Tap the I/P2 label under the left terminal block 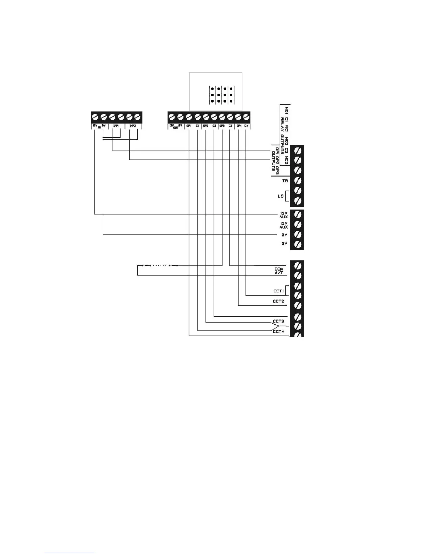[x=133, y=125]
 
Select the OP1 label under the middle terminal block [x=189, y=125]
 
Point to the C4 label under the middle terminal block [x=246, y=125]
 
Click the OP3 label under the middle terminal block [x=222, y=125]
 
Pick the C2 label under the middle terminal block [x=214, y=125]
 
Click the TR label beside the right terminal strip [x=285, y=181]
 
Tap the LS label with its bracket [x=281, y=196]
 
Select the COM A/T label [x=279, y=271]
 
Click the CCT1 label [x=279, y=291]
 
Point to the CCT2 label [x=278, y=301]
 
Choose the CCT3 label [x=278, y=321]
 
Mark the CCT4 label [x=278, y=331]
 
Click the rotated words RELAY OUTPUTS [x=282, y=130]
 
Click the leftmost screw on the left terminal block [x=95, y=117]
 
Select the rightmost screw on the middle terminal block [x=246, y=117]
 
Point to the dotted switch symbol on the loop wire [x=160, y=265]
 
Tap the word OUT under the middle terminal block [x=176, y=127]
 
